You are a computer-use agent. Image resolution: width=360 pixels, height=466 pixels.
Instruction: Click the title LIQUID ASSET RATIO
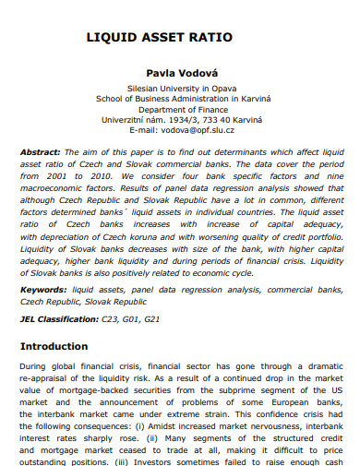[x=159, y=38]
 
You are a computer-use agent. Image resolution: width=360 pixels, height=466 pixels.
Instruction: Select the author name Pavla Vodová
[x=179, y=70]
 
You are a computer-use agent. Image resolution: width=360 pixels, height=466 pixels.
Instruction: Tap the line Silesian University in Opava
[x=179, y=88]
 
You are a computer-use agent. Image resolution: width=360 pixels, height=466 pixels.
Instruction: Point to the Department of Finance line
[x=179, y=108]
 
